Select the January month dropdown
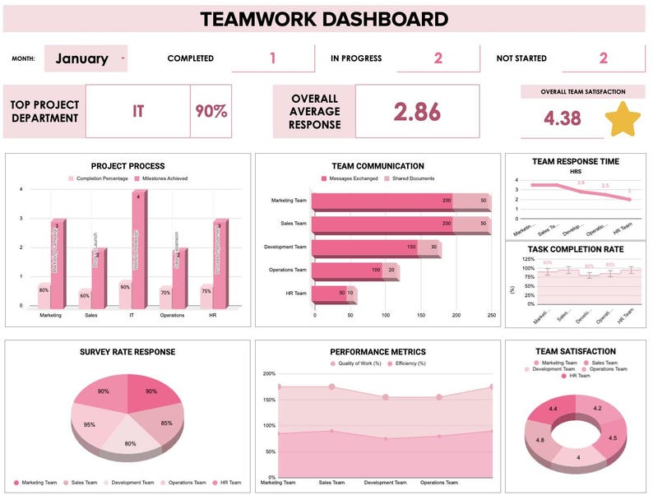(86, 58)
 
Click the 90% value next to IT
(211, 111)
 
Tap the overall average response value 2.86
(416, 113)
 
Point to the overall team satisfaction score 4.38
(563, 118)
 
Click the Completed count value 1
(272, 58)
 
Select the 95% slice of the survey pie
(90, 424)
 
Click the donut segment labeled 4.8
(541, 440)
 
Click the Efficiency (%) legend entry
(410, 363)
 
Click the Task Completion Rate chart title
(577, 249)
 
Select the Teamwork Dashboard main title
(325, 19)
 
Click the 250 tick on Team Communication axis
(491, 315)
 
